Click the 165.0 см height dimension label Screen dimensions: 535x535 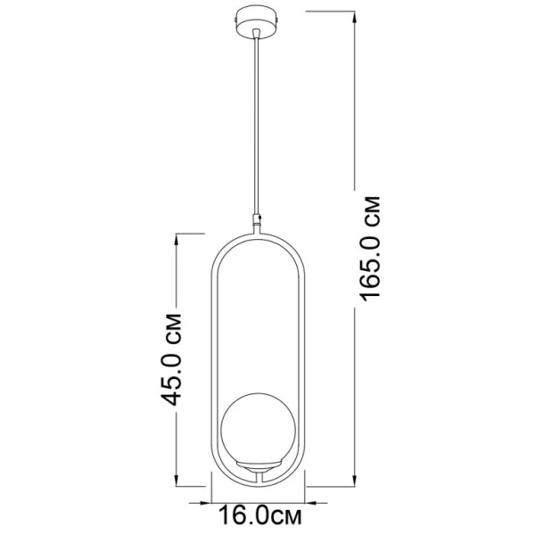(x=370, y=249)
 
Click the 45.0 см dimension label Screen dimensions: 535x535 (x=171, y=359)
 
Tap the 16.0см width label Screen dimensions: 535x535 (x=260, y=515)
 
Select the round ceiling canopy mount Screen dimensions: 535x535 (x=258, y=21)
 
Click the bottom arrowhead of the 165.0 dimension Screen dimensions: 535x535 (x=355, y=479)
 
